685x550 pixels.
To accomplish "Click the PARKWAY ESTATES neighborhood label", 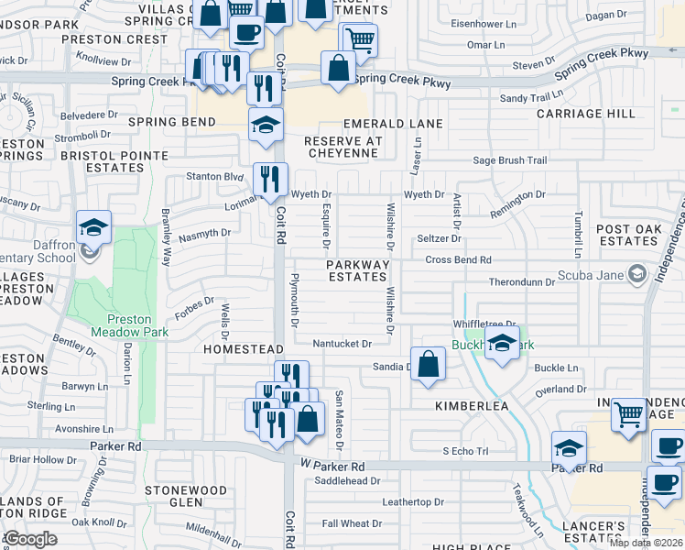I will pos(359,270).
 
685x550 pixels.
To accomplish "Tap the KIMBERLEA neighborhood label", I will pos(472,403).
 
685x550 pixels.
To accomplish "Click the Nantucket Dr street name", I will pos(341,344).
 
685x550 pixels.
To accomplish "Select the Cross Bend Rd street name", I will pos(459,259).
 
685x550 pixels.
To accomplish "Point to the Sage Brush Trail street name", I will pos(510,160).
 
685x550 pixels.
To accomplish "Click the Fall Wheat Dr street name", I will pos(353,523).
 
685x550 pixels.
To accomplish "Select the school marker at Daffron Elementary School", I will pos(93,227).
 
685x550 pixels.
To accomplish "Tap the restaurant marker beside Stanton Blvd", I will pos(270,178).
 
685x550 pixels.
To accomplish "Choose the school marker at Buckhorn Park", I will pos(501,344).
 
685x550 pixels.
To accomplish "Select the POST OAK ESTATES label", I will pos(626,235).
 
